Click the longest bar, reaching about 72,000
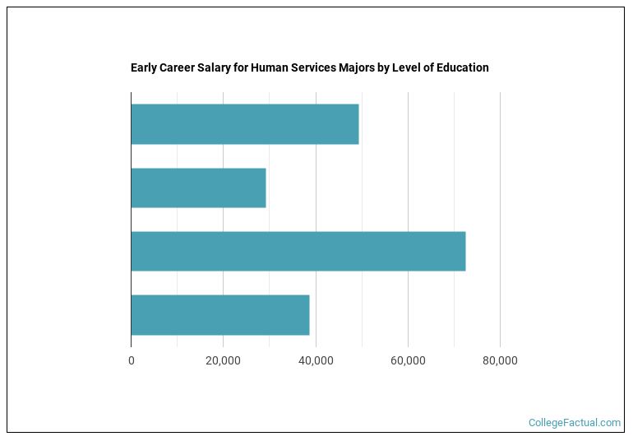tap(298, 251)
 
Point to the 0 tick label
tap(131, 360)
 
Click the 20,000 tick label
tap(223, 360)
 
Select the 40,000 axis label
tap(316, 360)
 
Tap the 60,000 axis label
tap(408, 360)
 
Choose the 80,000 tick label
tap(500, 360)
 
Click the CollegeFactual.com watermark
tap(575, 423)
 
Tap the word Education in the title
tap(463, 67)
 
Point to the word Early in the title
tap(144, 67)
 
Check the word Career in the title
tap(177, 67)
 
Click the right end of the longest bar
tap(464, 251)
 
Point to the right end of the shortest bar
tap(265, 188)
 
